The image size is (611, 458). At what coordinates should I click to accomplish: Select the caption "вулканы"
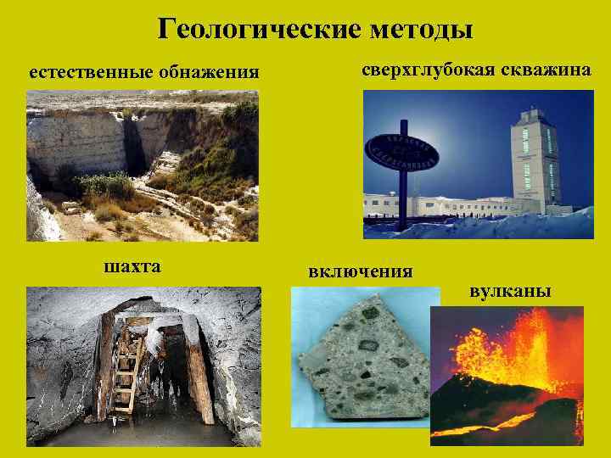510,291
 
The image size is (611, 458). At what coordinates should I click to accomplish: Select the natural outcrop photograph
142,165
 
